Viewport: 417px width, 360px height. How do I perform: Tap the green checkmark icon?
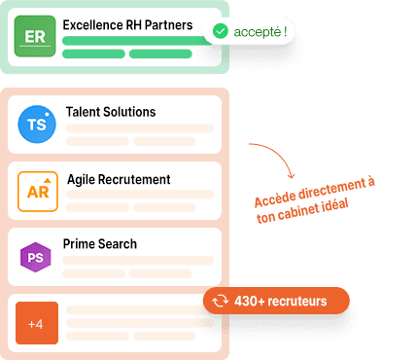coord(221,32)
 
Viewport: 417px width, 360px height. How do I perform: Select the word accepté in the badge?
coord(256,32)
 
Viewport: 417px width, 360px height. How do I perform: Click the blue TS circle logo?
coord(36,125)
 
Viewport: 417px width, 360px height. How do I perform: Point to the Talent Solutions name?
coord(110,112)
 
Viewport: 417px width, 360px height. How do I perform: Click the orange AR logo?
coord(37,191)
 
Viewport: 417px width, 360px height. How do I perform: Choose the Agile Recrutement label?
coord(119,179)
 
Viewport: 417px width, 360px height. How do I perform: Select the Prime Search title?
coord(99,243)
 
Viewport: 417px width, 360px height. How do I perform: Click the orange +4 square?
coord(37,323)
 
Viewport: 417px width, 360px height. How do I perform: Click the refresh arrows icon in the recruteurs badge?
coord(220,302)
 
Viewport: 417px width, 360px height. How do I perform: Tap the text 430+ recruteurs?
coord(281,302)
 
